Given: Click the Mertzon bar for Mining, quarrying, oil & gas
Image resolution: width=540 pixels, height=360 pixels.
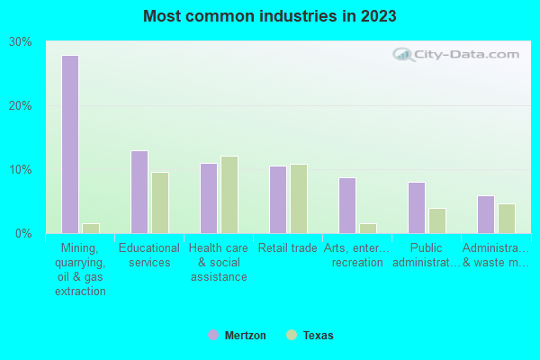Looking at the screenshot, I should (70, 144).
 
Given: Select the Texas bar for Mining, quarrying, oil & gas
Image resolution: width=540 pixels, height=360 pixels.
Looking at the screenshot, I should (91, 229).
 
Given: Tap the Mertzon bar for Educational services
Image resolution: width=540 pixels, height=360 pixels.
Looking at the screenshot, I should (139, 192).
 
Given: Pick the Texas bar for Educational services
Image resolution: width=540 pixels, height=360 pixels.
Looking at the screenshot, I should (160, 202).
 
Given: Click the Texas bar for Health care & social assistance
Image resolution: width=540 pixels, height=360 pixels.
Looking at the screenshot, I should (229, 194).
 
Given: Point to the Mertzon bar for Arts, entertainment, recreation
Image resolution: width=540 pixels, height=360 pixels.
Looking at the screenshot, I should (347, 205).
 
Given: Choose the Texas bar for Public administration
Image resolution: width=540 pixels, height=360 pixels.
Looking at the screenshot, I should (437, 220).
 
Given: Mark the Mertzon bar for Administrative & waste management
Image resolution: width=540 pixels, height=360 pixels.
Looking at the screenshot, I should (486, 214).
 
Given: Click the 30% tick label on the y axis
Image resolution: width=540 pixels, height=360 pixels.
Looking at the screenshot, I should (21, 42).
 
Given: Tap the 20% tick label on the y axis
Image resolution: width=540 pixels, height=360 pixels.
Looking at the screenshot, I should (21, 106).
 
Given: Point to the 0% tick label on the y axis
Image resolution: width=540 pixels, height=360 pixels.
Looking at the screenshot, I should (23, 234).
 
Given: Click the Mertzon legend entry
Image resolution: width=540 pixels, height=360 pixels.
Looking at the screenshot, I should (238, 336).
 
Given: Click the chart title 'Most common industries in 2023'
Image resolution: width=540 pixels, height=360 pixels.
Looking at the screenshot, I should (269, 16).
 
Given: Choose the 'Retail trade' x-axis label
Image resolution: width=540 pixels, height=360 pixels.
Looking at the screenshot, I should (286, 248).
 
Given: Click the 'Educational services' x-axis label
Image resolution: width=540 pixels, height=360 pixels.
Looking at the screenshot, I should (149, 256).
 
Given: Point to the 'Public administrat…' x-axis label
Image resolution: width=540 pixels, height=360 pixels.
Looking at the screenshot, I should (427, 256).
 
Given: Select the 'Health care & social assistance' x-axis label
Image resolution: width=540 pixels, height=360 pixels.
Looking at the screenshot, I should (219, 262).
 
